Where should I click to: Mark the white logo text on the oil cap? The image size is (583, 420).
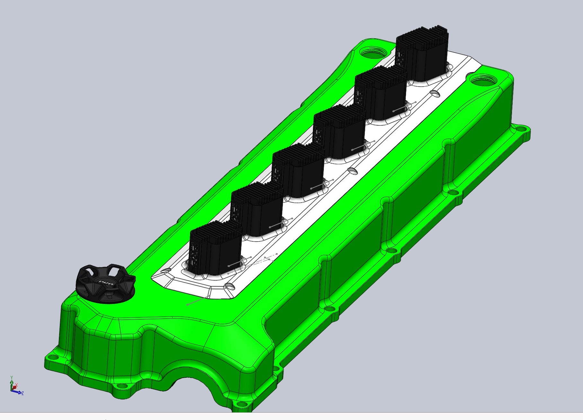point(106,283)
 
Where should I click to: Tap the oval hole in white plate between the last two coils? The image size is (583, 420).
point(435,93)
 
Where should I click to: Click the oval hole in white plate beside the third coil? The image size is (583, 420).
point(353,170)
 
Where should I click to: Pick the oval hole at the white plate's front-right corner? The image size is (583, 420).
point(229,285)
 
